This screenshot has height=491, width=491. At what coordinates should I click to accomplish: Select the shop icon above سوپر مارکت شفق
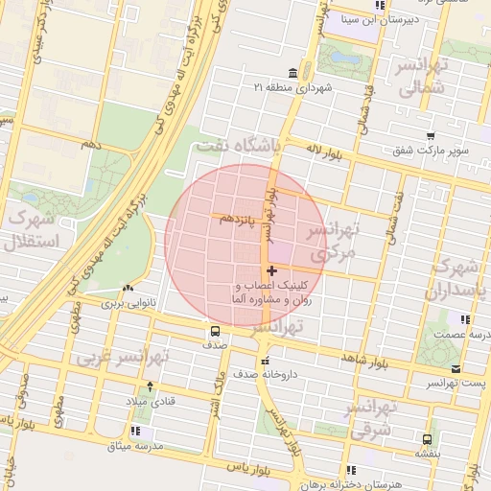tap(431, 136)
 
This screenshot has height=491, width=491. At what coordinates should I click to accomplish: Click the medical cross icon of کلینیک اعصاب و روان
tap(272, 271)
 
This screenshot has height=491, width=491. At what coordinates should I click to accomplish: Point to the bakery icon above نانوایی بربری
tap(128, 288)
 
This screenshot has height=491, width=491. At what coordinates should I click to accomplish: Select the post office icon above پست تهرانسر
tap(455, 368)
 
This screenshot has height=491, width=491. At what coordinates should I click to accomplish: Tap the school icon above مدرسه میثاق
tap(135, 430)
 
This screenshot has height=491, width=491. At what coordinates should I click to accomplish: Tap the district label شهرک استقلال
tap(32, 229)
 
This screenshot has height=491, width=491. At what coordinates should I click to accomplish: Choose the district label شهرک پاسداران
tap(461, 277)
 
